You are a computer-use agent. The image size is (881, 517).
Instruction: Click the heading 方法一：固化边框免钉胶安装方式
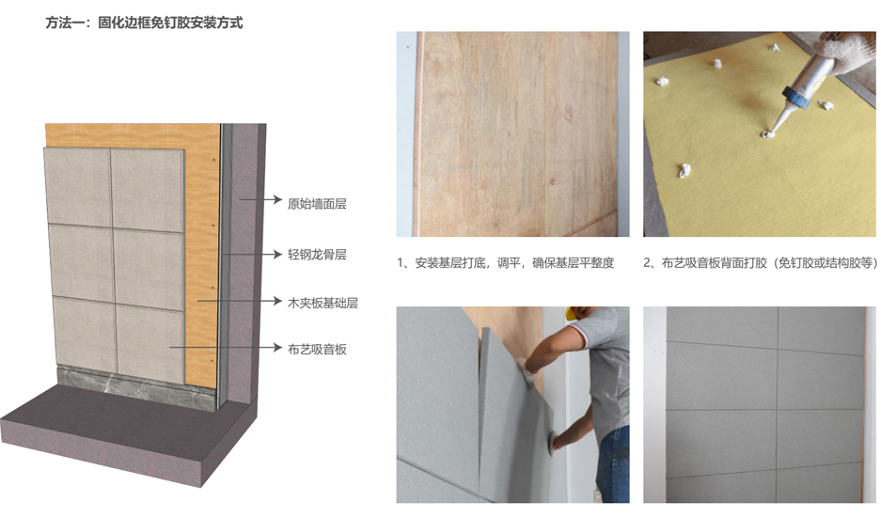coord(144,23)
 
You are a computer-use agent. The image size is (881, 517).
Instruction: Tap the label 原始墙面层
coord(317,203)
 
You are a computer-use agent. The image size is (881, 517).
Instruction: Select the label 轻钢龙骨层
coord(317,255)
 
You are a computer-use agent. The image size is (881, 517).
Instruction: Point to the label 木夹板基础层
coord(323,303)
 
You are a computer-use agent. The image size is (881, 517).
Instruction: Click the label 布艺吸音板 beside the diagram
coord(317,349)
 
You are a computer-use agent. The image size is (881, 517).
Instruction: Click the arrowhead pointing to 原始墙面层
coord(276,199)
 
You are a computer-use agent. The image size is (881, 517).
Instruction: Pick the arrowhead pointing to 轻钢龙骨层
coord(276,254)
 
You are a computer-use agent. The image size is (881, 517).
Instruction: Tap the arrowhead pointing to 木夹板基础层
coord(276,301)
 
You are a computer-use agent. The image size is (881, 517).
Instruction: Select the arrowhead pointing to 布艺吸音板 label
coord(276,347)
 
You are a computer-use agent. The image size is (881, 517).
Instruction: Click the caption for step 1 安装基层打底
coord(506,263)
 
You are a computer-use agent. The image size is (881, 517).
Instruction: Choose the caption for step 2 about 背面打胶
coord(761,263)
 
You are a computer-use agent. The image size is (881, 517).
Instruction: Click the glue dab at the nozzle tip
coord(766,133)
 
